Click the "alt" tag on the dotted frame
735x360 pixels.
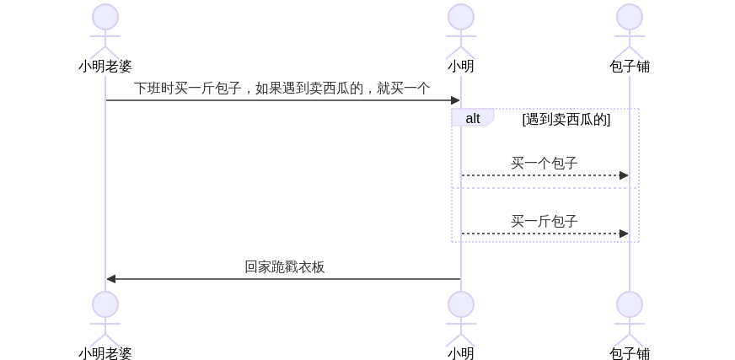coord(472,118)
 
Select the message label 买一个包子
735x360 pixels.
coord(544,164)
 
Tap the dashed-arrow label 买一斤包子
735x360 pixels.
coord(544,222)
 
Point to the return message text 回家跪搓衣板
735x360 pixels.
coord(284,267)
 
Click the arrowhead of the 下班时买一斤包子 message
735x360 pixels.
coord(455,100)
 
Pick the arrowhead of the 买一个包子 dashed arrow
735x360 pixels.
coord(624,175)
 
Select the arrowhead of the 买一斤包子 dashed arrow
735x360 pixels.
coord(624,234)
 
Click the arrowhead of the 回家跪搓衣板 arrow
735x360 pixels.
coord(110,279)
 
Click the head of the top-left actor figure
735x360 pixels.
coord(105,17)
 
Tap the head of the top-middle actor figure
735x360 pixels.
coord(460,17)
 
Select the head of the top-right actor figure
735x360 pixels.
coord(629,17)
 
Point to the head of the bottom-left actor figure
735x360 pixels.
coord(105,304)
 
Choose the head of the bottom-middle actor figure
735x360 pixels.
coord(460,304)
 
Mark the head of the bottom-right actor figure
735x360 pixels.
coord(629,304)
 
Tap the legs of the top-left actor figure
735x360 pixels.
coord(105,51)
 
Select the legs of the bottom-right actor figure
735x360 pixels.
coord(629,339)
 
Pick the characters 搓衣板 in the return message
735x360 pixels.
coord(304,267)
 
